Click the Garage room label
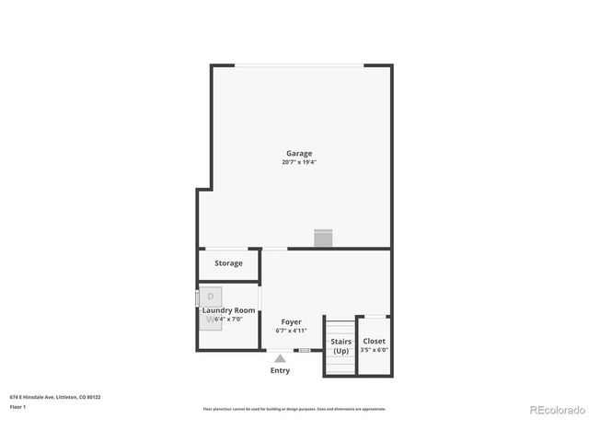click(x=299, y=154)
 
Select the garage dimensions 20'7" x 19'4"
click(x=299, y=162)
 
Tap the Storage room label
click(x=229, y=263)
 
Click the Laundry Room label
click(x=229, y=310)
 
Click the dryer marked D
click(x=210, y=297)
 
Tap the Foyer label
click(x=292, y=322)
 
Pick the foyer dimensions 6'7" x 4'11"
click(x=292, y=331)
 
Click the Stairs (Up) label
click(x=341, y=346)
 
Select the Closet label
click(x=375, y=342)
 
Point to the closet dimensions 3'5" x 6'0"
click(x=375, y=350)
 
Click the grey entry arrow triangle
click(x=280, y=356)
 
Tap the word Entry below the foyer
click(x=280, y=370)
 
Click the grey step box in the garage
click(x=323, y=238)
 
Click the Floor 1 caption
click(x=17, y=406)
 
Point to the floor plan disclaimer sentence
click(x=294, y=409)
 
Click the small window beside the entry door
click(x=304, y=350)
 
